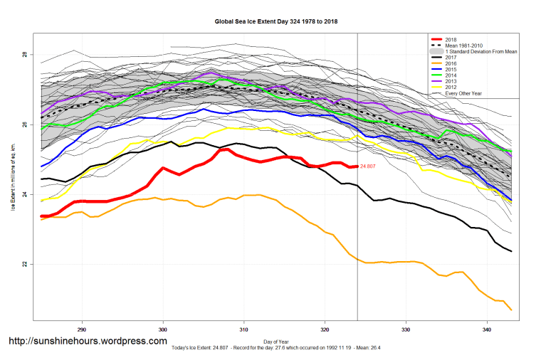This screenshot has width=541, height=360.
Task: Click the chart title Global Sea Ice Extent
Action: click(x=276, y=21)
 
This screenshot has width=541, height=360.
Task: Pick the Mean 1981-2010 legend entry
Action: click(x=470, y=46)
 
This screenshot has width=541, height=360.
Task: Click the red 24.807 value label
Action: click(x=368, y=166)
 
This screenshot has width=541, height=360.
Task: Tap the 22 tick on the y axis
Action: click(x=25, y=265)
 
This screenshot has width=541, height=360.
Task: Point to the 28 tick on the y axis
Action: click(x=25, y=55)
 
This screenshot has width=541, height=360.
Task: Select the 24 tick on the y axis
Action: click(x=25, y=195)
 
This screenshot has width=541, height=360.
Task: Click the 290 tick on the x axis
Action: click(x=83, y=329)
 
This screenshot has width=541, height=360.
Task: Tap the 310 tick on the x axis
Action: click(x=244, y=329)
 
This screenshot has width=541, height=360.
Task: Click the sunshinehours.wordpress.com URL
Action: click(x=88, y=342)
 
